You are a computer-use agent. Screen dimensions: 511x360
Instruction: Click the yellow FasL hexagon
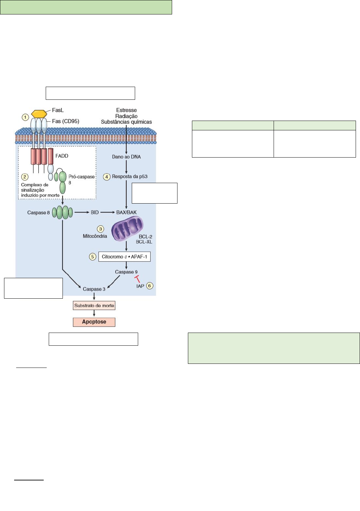point(39,114)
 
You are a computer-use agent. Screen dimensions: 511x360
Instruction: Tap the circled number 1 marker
point(25,117)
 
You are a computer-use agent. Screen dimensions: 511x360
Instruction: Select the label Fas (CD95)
point(66,121)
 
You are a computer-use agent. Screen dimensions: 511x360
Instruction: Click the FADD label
point(62,156)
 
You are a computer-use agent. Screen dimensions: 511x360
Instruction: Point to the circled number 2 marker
point(25,177)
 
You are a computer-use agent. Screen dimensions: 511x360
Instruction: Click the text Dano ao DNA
point(126,157)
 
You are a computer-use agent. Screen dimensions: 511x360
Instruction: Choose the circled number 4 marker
point(107,177)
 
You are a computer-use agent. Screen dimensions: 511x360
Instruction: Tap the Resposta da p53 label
point(130,177)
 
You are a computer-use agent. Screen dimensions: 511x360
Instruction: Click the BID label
point(95,213)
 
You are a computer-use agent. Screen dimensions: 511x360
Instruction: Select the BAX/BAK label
point(126,213)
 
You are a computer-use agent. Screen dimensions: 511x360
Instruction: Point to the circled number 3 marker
point(101,229)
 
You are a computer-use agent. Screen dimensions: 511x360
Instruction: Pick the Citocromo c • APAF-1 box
point(124,257)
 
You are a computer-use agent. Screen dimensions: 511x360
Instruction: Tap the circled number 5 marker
point(92,257)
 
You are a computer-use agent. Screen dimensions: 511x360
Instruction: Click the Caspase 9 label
point(126,272)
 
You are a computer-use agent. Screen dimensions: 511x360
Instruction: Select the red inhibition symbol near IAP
point(137,278)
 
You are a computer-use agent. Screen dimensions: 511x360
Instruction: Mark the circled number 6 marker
point(150,286)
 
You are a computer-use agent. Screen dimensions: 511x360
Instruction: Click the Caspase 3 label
point(94,289)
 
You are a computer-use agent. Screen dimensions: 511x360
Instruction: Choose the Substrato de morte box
point(94,306)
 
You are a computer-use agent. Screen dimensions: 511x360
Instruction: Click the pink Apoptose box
point(94,322)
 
